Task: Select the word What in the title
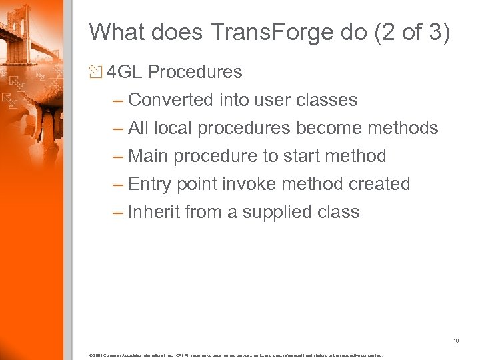point(114,31)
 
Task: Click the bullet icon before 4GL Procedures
point(97,71)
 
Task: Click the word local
point(178,128)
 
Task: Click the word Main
point(149,156)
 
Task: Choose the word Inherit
point(154,212)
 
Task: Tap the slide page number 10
point(456,341)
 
